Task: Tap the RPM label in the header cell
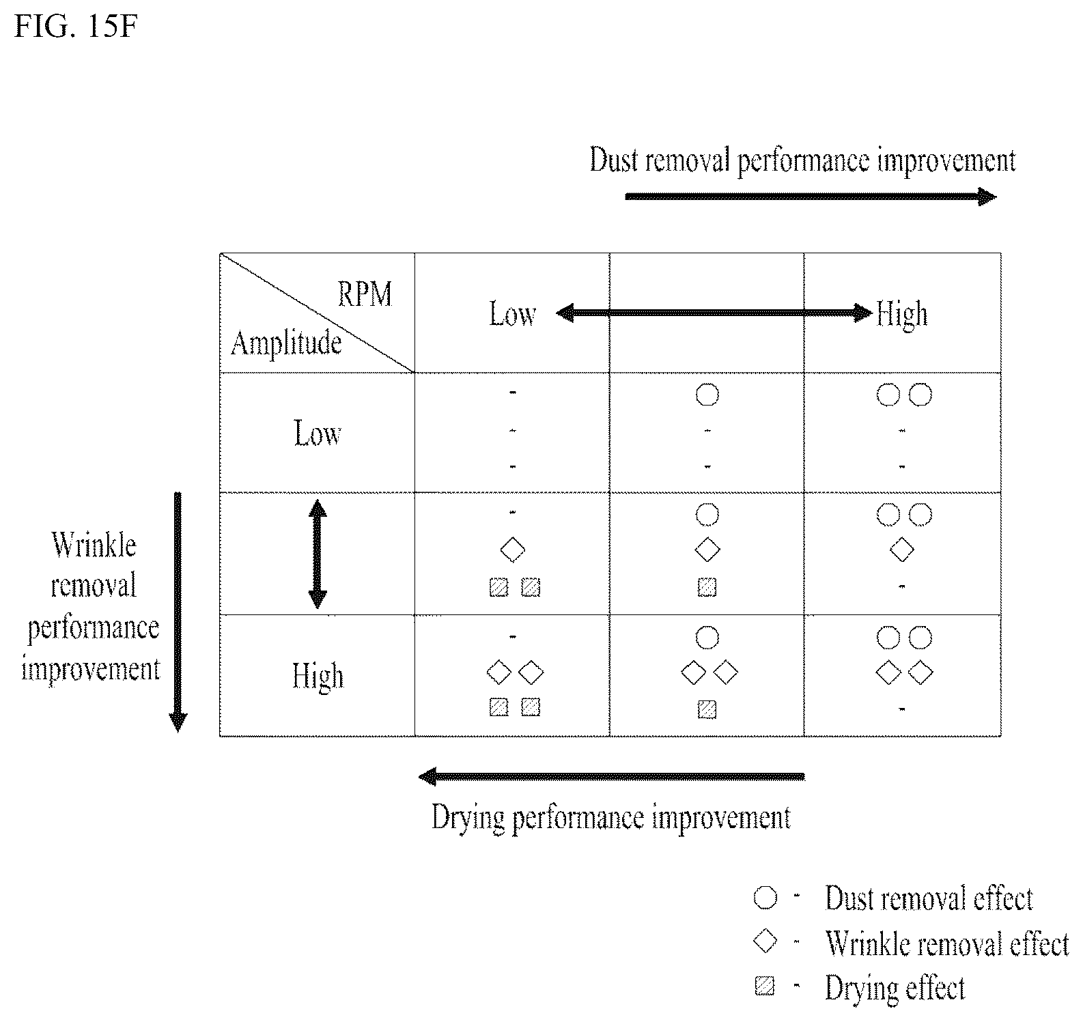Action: [365, 294]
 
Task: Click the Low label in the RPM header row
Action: [512, 314]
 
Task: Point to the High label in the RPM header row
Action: [902, 315]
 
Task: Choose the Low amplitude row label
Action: [318, 434]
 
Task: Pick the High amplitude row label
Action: [318, 677]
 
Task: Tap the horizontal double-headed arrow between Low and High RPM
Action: [714, 313]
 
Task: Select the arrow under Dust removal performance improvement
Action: [811, 197]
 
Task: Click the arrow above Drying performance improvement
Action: [612, 776]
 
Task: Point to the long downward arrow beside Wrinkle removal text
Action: [178, 612]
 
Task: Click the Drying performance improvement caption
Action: [611, 817]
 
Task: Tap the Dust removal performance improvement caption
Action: [803, 161]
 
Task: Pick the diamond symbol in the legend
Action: [765, 942]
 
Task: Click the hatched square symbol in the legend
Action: [765, 986]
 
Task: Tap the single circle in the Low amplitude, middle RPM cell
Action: [707, 395]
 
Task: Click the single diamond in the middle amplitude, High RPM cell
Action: [902, 550]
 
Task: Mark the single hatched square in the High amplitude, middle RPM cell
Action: [707, 709]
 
